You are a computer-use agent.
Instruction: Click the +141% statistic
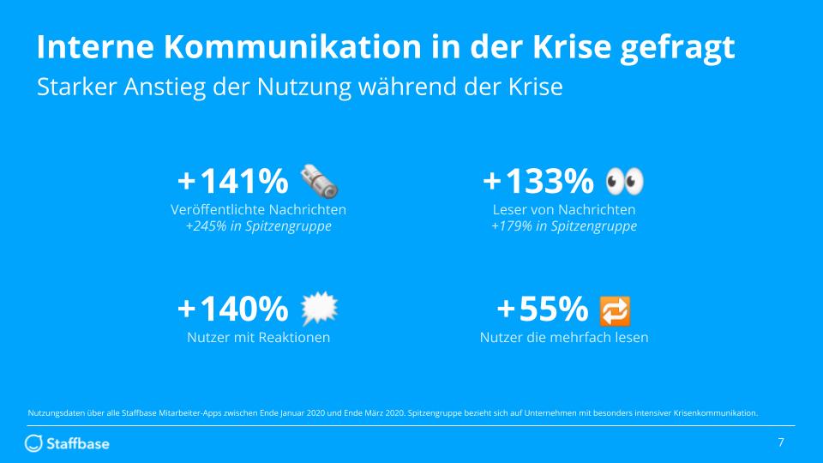(232, 182)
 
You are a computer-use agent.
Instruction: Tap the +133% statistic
(538, 182)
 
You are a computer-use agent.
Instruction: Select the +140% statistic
(232, 308)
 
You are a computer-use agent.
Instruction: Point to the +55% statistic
(543, 308)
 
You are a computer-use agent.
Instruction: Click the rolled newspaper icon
(319, 181)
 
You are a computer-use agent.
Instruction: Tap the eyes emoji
(624, 181)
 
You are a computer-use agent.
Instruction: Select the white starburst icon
(321, 308)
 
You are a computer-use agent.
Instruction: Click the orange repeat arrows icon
(616, 309)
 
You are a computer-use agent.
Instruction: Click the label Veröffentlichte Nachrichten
(258, 209)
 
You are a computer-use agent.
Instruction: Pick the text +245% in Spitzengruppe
(258, 226)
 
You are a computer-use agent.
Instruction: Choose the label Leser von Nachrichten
(564, 209)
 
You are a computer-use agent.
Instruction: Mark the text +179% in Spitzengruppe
(564, 226)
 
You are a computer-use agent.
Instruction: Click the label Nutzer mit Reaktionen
(258, 338)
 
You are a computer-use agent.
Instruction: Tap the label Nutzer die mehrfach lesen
(564, 338)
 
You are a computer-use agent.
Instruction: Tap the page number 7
(780, 442)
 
